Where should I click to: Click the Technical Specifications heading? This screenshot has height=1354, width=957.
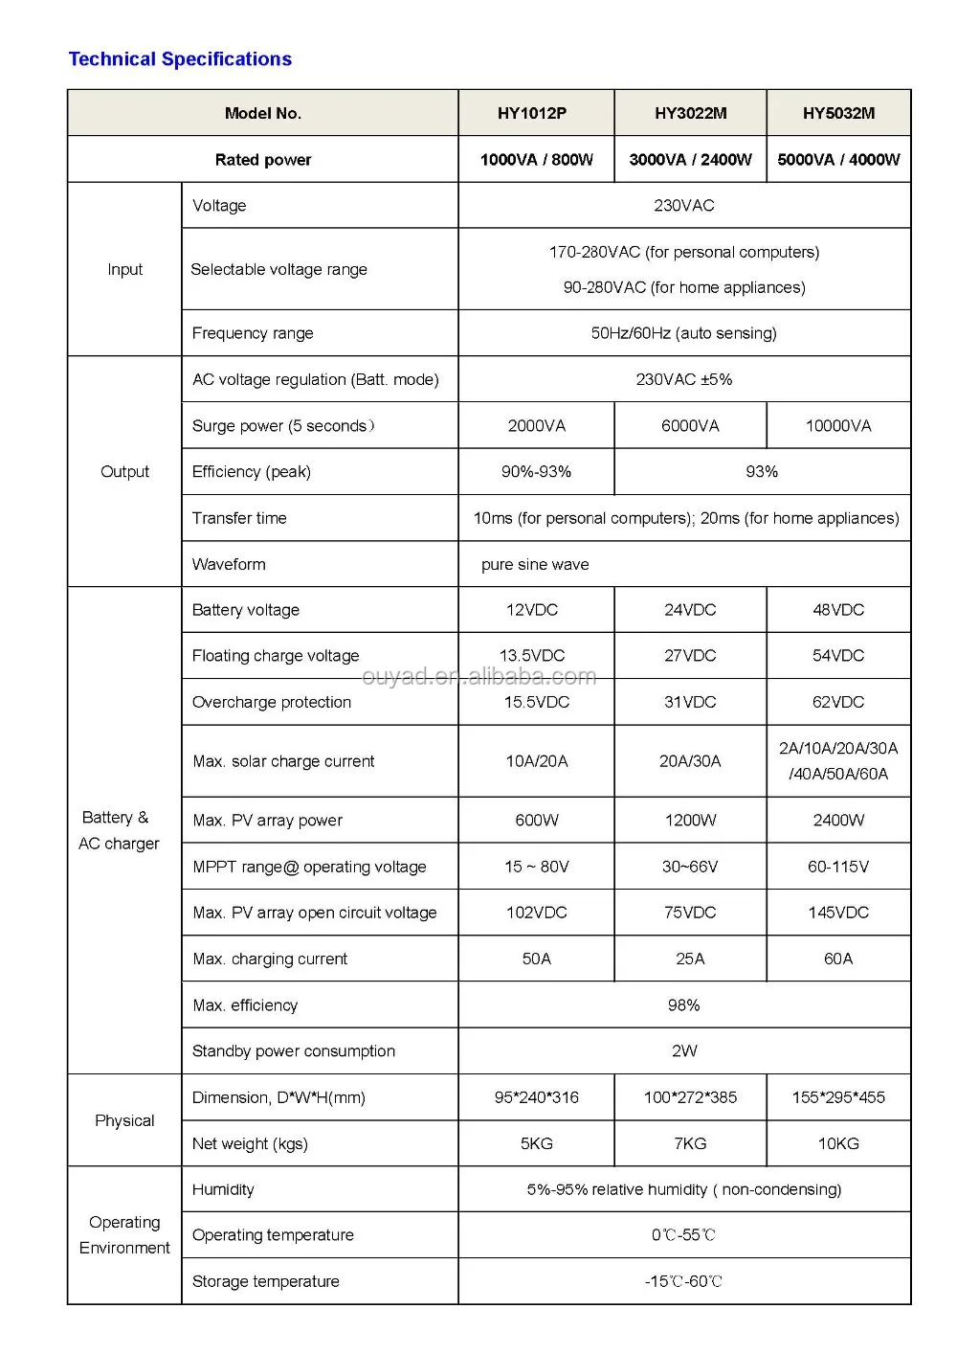coord(180,59)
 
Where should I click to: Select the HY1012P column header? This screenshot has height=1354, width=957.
coord(532,113)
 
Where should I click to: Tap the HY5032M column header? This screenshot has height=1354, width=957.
coord(838,113)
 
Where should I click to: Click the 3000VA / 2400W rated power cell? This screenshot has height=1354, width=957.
coord(690,160)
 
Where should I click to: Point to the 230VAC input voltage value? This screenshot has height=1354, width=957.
coord(683,206)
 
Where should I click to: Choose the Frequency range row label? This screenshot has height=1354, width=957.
coord(253,333)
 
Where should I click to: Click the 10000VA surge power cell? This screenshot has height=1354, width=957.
coord(838,426)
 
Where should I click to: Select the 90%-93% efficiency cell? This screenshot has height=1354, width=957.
coord(536,472)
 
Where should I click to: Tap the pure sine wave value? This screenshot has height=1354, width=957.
coord(535,565)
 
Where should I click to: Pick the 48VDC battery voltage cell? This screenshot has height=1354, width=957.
coord(838,610)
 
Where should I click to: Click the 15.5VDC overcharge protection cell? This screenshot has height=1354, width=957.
coord(536,702)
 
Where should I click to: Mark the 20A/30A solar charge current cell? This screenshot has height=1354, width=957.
coord(690,761)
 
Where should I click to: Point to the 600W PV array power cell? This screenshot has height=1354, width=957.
coord(536,821)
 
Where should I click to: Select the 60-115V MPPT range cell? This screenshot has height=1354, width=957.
coord(838,867)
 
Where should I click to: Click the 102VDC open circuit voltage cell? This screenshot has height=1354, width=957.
coord(536,913)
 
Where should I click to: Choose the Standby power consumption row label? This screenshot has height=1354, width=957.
coord(294,1051)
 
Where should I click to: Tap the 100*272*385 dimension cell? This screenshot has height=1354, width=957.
coord(690,1097)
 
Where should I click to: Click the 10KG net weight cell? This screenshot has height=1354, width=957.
coord(838,1143)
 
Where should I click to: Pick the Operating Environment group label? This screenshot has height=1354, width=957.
coord(124,1235)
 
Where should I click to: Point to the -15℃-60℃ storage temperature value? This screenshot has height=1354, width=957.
coord(683,1281)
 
